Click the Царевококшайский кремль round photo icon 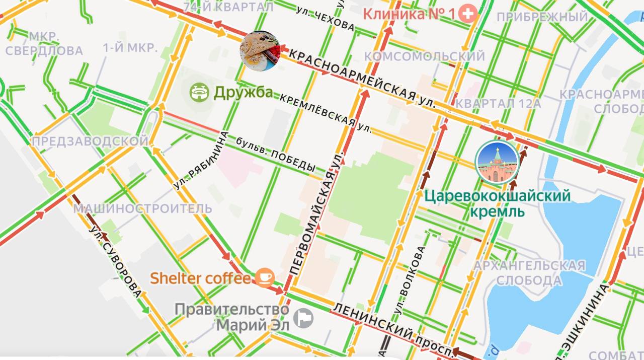tap(497, 162)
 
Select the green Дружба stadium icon tap(199, 92)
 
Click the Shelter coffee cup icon tap(265, 277)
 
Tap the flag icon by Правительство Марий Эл tap(304, 318)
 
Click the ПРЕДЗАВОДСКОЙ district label tap(90, 141)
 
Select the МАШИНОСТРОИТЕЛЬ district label tap(143, 208)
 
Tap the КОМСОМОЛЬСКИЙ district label tap(424, 56)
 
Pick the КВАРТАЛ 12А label tap(498, 103)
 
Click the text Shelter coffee tap(200, 278)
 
